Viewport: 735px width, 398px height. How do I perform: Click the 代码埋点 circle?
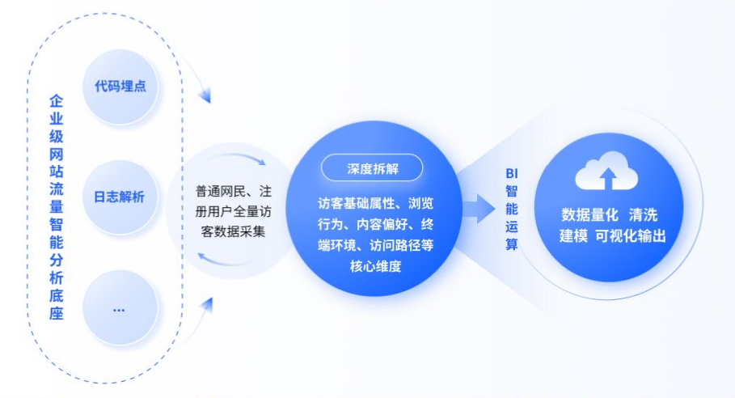(x=120, y=87)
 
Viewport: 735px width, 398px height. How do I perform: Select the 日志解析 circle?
(x=120, y=197)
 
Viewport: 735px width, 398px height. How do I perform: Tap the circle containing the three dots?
(x=120, y=308)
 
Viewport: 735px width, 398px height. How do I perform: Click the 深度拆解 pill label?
(x=372, y=167)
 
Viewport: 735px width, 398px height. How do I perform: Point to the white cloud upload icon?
(x=606, y=170)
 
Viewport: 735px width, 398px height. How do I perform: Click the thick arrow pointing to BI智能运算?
(x=479, y=208)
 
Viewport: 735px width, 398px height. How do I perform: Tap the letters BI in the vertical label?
(x=511, y=173)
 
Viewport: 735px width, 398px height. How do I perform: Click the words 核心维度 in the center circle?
(x=375, y=266)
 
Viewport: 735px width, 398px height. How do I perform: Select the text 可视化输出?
(x=631, y=235)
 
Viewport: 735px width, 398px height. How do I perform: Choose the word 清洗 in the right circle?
(x=643, y=215)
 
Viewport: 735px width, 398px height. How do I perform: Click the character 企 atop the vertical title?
(x=57, y=101)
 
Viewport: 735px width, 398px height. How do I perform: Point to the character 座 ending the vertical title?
(x=57, y=313)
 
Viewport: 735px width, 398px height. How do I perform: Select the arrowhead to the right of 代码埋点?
(x=205, y=95)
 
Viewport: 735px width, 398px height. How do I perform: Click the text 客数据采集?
(x=233, y=231)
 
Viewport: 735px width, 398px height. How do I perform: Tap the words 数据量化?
(x=589, y=215)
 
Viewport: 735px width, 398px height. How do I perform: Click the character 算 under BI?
(x=511, y=244)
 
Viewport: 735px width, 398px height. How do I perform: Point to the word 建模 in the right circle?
(x=573, y=235)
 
